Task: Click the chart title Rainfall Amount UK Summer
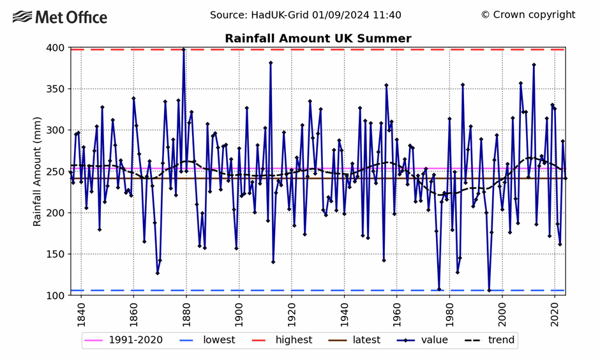coord(318,39)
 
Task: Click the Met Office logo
coord(60,17)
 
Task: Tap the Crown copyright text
coord(528,15)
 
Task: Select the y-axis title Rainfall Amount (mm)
coord(38,171)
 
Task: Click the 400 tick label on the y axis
coord(54,48)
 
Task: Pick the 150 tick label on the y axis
coord(54,254)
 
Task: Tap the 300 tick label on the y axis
coord(54,130)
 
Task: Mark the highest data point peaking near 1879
coord(183,49)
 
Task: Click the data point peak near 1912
coord(271,63)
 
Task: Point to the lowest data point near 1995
coord(489,290)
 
